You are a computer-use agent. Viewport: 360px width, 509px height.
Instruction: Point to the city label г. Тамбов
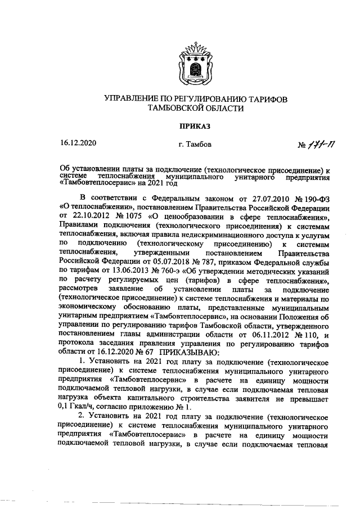(195, 145)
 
